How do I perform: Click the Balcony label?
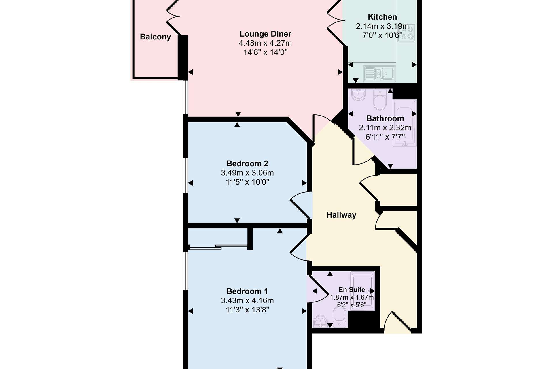coord(155,37)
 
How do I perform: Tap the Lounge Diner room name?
coord(265,34)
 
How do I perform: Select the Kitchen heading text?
coord(382,17)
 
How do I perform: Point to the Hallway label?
coord(341,215)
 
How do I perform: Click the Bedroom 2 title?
coord(247,164)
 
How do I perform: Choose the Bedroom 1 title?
coord(247,291)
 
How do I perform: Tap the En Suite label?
coord(352,290)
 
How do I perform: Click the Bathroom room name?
coord(385,118)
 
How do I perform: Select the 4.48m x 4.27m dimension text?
coord(265,43)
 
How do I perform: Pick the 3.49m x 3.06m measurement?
coord(247,173)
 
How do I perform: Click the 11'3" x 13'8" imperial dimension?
coord(247,310)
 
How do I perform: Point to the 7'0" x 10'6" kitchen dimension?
coord(382,35)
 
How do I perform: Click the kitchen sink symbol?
coord(379,74)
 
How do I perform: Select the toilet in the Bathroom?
coord(380,99)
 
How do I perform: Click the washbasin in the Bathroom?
coord(359,95)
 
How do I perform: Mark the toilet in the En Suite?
coord(340,317)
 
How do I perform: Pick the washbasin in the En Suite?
coord(320,322)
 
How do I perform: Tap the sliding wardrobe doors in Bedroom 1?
coord(218,247)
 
